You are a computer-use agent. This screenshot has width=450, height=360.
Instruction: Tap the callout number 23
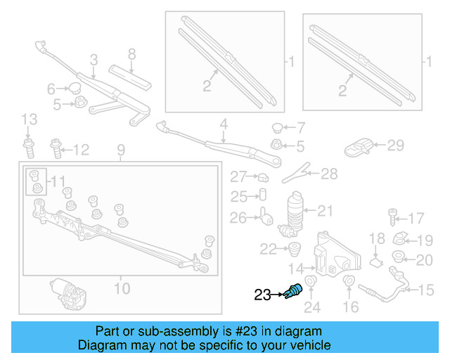pyautogui.click(x=262, y=296)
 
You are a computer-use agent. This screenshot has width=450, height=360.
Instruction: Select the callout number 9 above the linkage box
pyautogui.click(x=120, y=149)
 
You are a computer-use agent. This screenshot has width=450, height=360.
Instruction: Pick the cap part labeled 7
pyautogui.click(x=278, y=128)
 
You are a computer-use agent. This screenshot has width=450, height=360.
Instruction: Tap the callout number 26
pyautogui.click(x=239, y=218)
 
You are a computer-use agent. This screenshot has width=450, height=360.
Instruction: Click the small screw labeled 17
pyautogui.click(x=393, y=217)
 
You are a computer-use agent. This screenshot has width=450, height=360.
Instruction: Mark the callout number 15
pyautogui.click(x=427, y=290)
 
